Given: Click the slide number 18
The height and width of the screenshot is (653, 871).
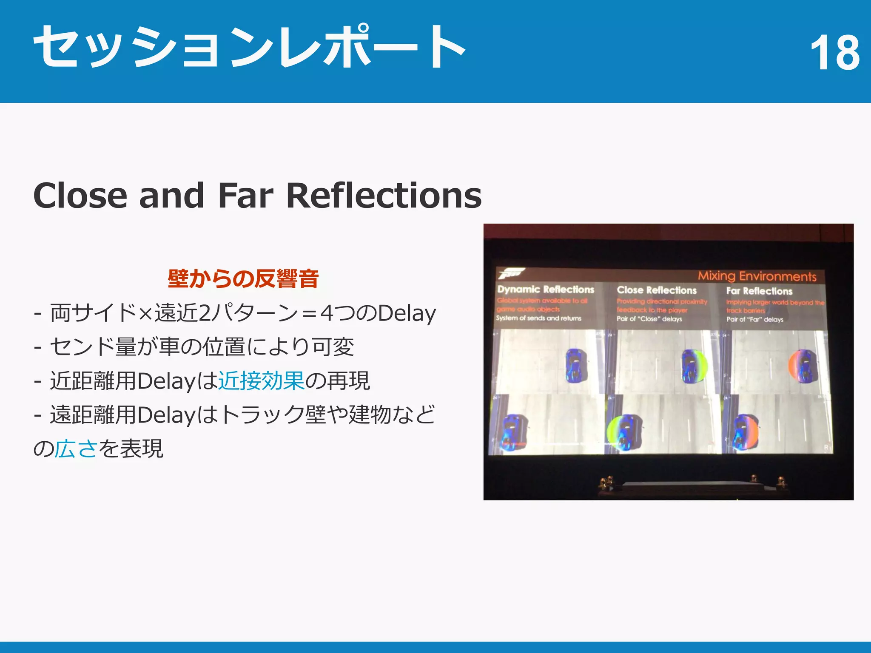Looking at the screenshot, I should [834, 53].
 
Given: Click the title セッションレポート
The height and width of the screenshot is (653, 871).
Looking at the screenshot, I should [249, 47].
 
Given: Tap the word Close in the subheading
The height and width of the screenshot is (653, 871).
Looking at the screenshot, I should [80, 196].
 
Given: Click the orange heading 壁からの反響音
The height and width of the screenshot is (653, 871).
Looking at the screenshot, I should [243, 279].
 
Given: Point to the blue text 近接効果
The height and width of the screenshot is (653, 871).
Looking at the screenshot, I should [261, 380].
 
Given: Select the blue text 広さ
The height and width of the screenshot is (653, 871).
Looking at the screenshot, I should [76, 449].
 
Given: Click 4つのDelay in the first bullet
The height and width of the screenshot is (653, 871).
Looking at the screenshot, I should [378, 313].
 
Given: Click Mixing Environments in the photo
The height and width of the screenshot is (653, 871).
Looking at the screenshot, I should [757, 276].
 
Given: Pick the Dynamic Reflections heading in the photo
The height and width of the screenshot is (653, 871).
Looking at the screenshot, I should [546, 290].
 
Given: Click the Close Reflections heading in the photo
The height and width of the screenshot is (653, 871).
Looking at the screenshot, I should [657, 290].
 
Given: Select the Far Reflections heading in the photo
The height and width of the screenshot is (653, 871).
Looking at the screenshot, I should [759, 291].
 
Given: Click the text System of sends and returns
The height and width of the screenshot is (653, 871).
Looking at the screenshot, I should [538, 318].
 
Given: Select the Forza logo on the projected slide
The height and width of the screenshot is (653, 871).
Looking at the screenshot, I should [510, 273].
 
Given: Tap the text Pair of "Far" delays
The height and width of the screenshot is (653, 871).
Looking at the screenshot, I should [754, 320].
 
